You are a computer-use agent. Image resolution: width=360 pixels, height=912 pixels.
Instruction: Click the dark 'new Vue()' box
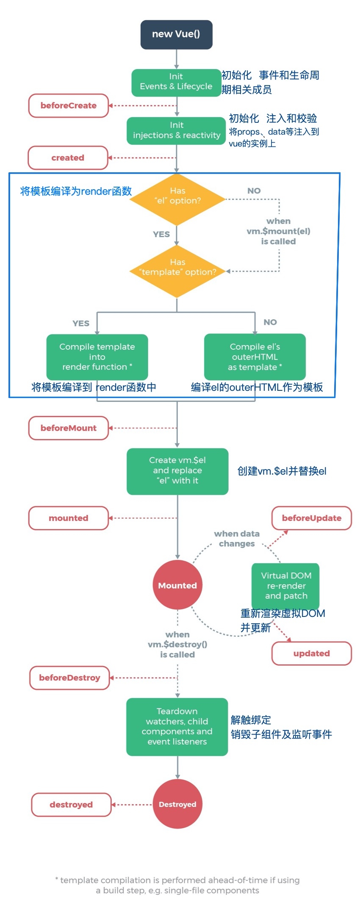pos(176,34)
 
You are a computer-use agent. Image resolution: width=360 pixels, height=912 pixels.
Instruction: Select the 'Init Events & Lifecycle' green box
pos(176,82)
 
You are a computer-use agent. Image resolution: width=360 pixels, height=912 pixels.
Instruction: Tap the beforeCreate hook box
pos(69,106)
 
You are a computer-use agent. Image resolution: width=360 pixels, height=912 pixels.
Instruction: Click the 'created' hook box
pos(68,158)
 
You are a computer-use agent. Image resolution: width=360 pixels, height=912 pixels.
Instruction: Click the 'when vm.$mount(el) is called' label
pos(278,231)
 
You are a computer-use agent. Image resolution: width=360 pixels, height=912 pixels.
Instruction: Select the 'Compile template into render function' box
pos(97,357)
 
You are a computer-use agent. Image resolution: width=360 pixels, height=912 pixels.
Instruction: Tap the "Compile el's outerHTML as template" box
pos(255,357)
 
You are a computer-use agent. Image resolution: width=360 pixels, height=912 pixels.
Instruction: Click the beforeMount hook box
pos(69,428)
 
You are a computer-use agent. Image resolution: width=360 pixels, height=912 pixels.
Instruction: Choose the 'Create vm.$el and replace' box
pos(177,471)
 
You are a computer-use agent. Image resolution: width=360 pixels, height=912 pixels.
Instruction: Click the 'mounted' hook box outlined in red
pos(69,518)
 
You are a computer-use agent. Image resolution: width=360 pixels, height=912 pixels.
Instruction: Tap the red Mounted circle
pos(177,585)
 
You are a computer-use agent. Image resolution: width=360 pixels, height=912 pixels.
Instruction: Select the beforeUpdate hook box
pos(311,518)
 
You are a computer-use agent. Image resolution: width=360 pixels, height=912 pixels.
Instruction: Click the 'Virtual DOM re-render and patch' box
pos(285,585)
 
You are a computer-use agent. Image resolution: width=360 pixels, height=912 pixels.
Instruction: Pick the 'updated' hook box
pos(311,653)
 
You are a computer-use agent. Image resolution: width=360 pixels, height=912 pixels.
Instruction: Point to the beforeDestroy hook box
pos(70,678)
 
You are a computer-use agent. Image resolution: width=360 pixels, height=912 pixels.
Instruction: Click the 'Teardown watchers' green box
pos(177,727)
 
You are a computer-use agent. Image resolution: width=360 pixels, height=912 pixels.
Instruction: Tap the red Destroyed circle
pos(177,804)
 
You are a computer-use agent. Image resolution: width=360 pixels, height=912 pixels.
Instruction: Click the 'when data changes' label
pos(236,539)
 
